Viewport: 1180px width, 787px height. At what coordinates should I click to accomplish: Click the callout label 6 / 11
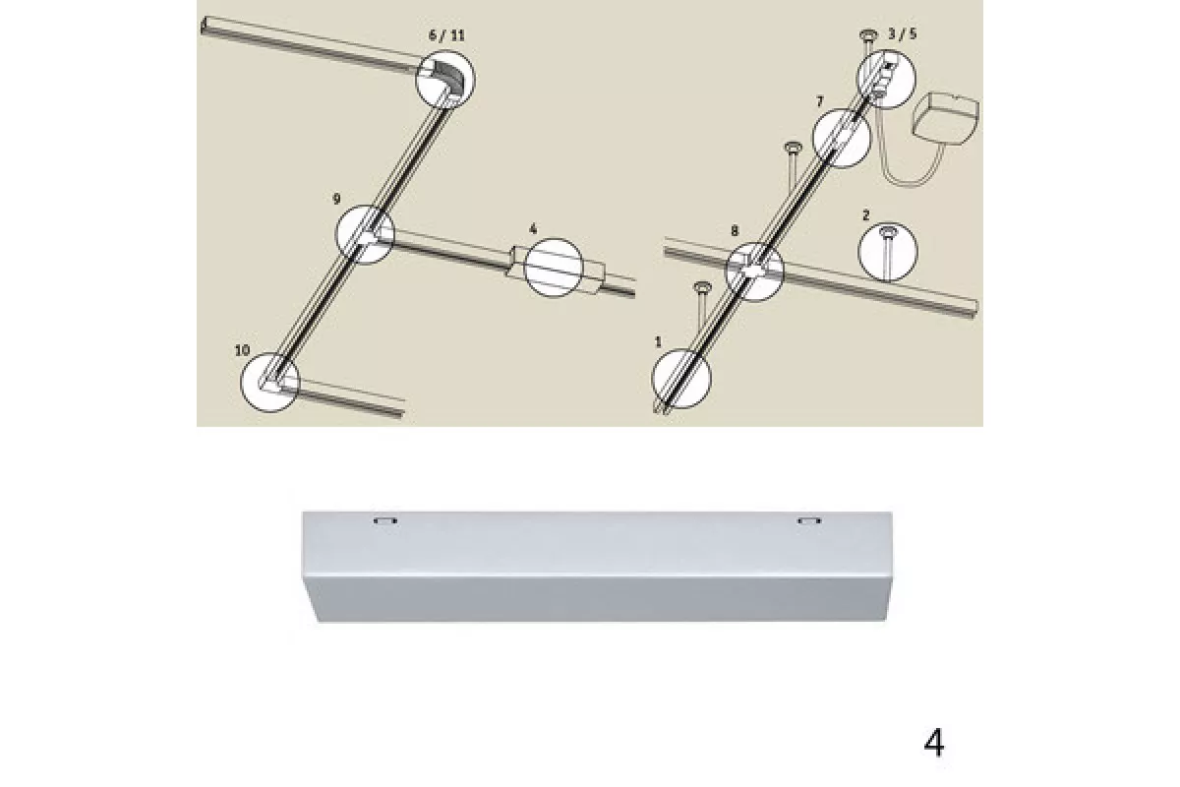446,35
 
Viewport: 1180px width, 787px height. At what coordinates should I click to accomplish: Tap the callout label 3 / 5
903,34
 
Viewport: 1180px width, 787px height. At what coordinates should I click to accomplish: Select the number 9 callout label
336,199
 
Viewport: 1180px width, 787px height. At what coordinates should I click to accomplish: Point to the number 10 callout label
242,350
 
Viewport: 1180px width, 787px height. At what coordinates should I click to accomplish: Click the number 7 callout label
820,101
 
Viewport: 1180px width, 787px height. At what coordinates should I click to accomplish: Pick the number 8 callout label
735,231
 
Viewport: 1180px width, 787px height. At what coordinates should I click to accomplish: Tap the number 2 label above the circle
866,215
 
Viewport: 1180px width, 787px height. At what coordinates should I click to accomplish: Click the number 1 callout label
658,342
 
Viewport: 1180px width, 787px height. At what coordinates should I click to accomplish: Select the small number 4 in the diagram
533,229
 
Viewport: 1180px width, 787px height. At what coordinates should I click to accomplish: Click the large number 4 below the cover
934,744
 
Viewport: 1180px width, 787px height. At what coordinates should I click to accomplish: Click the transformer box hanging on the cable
946,119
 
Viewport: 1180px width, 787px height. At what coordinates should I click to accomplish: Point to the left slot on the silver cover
385,521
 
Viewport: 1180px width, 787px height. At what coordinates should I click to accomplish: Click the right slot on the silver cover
809,521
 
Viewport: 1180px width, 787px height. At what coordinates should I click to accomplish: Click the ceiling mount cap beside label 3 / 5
866,35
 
